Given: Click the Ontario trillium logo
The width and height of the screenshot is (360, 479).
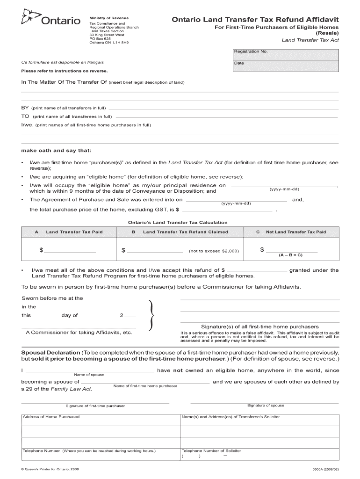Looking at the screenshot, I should coord(29,19).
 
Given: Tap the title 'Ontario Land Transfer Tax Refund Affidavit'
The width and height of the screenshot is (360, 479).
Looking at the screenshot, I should coord(255,20).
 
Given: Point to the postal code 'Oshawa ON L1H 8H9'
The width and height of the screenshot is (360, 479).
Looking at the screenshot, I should coord(109,43).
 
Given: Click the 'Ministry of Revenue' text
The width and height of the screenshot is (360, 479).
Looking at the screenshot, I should coord(109,18).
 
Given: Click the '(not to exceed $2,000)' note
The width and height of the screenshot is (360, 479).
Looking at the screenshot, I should coord(214,251).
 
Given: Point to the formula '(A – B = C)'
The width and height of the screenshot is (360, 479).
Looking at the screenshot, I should coord(290,255).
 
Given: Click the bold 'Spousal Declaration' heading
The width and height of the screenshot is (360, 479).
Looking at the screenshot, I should coord(50,352).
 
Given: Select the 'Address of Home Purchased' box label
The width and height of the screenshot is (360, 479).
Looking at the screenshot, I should coord(51,417).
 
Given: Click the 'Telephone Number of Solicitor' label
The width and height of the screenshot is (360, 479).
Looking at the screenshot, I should coord(211,451).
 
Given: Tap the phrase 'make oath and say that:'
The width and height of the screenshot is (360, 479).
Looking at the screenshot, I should coord(56,151).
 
